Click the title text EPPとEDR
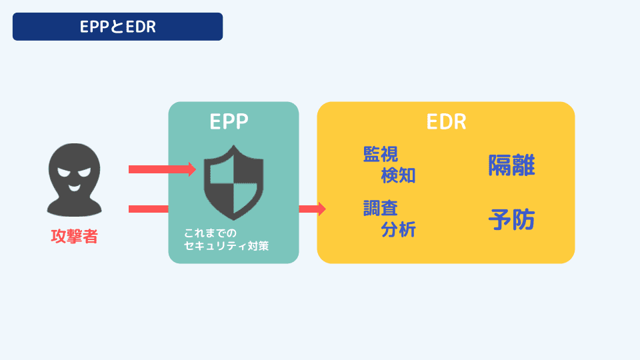(x=117, y=27)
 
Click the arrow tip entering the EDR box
(x=321, y=209)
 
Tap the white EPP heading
(x=229, y=122)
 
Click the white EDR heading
(x=445, y=122)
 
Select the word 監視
(x=380, y=155)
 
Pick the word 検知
(x=398, y=175)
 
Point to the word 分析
(x=398, y=229)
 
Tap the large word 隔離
(x=511, y=165)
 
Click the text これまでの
(x=210, y=233)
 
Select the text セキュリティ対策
(x=231, y=246)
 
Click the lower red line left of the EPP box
(x=148, y=209)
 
